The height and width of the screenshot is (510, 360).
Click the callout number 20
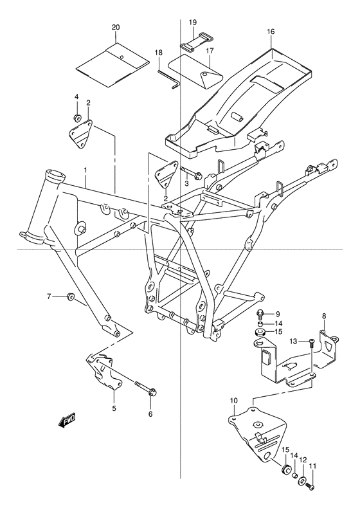pos(115,28)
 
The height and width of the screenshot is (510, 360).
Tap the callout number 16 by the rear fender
pos(270,32)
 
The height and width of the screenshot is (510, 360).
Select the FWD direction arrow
pos(67,421)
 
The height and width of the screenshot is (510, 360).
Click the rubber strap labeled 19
pos(192,46)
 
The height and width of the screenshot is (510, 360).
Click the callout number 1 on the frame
pos(85,170)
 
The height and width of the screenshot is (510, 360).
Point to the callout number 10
pos(233,401)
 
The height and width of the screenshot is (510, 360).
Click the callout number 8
pos(324,316)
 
